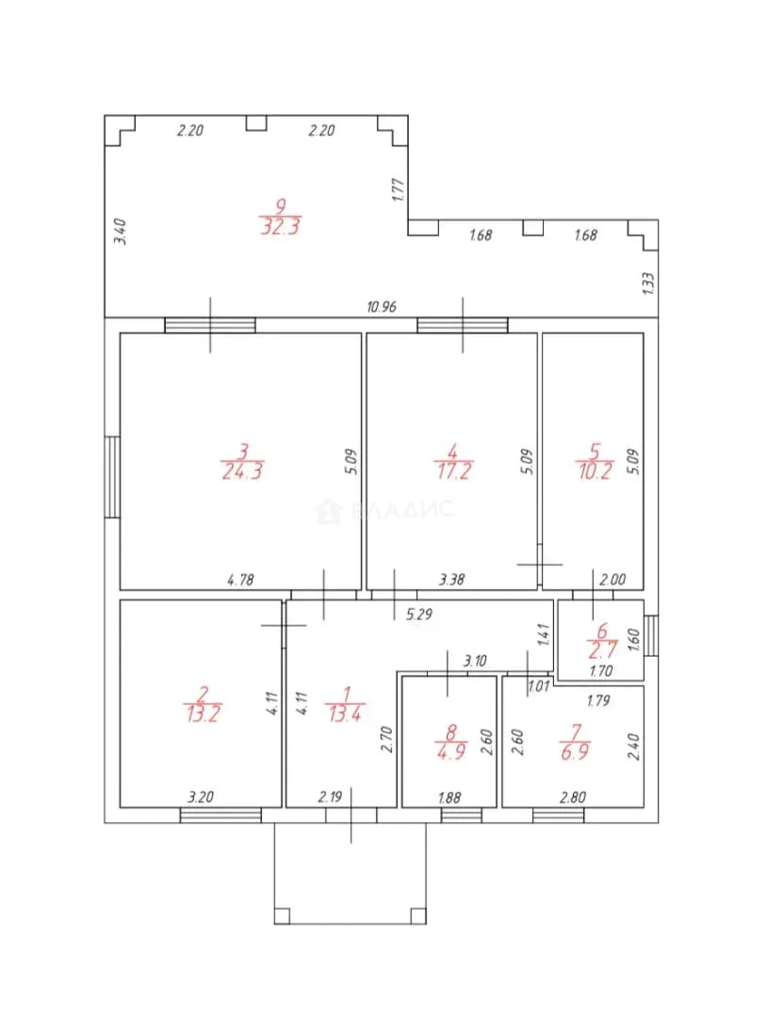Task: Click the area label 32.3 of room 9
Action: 281,226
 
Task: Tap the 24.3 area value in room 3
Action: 242,470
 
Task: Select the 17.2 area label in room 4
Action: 453,470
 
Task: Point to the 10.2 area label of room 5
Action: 595,470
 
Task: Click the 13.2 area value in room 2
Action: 203,714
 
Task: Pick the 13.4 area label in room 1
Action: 346,714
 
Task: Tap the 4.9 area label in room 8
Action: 450,752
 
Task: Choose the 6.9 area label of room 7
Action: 575,752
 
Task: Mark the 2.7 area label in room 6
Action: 602,649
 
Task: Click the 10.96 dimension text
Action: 381,306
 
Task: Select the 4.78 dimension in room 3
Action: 240,579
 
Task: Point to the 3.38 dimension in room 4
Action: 451,579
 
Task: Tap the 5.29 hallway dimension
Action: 418,614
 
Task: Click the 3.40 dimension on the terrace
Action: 121,232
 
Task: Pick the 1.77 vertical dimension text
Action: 399,190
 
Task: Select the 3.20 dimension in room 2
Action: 201,796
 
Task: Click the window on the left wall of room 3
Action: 112,477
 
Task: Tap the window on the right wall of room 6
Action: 651,635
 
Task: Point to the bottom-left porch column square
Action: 282,916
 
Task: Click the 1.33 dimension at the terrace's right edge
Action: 647,284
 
